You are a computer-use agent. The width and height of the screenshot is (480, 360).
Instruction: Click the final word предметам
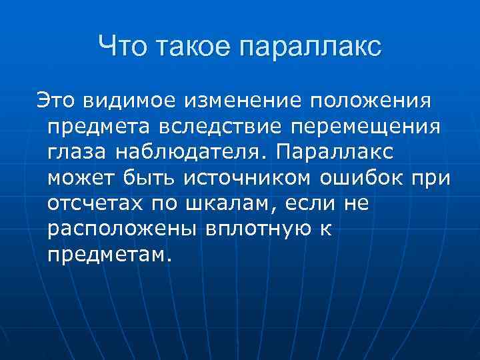click(x=110, y=255)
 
